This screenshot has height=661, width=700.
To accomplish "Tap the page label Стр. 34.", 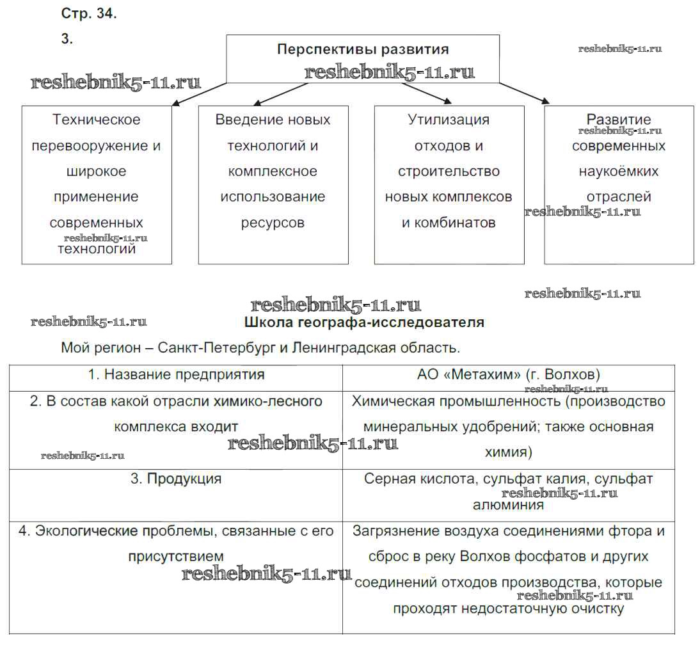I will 89,14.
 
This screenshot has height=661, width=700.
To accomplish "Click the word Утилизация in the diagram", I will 449,120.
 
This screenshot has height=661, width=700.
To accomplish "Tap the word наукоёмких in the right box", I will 619,171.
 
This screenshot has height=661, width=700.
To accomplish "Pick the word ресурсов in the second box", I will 273,223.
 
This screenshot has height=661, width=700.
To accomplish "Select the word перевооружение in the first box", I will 97,145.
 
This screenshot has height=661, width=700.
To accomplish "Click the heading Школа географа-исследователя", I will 364,323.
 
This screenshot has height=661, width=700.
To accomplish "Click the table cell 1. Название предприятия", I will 176,375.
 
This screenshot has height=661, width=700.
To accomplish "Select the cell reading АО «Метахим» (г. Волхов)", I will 508,375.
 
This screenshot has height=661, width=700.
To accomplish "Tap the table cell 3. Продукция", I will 176,479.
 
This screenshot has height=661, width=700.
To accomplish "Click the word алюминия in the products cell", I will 508,505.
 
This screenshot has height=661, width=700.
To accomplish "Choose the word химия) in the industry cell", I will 508,452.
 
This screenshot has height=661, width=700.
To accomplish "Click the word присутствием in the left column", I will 176,556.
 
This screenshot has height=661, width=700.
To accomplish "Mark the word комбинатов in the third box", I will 457,223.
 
